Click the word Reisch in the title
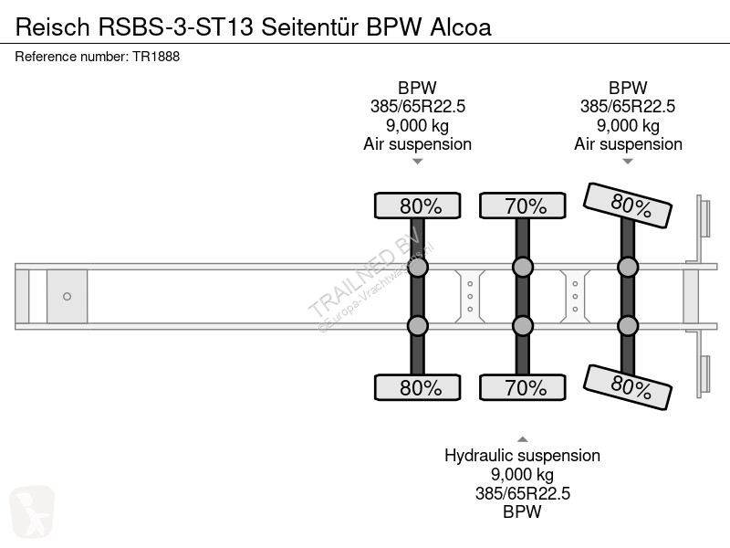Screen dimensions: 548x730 (46, 26)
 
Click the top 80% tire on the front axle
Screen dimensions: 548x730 (418, 206)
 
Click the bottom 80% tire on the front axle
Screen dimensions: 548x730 (418, 388)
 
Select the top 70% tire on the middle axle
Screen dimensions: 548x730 (523, 206)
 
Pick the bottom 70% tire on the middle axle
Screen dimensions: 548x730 (523, 388)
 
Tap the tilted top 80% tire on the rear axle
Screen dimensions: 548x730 (630, 205)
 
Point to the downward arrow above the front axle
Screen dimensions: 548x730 (418, 162)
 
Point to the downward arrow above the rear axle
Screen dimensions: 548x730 (628, 162)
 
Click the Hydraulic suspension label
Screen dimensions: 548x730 (522, 455)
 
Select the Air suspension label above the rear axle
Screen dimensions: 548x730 (628, 143)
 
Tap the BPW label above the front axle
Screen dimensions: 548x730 (418, 89)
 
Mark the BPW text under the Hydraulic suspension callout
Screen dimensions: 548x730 (522, 511)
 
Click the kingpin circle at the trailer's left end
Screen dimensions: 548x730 (67, 296)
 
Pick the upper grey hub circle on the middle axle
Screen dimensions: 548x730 (523, 267)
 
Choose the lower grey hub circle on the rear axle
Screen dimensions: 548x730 (628, 326)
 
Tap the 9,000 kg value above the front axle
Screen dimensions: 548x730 (418, 125)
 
